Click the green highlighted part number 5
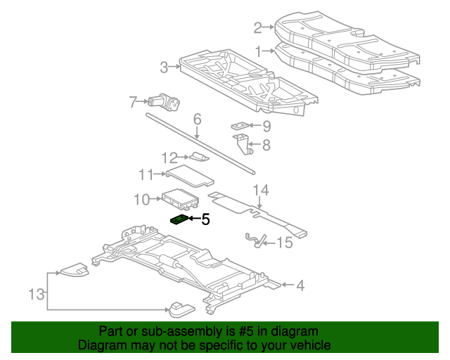click(179, 219)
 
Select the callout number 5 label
click(205, 219)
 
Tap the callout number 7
click(133, 103)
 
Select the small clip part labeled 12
click(198, 157)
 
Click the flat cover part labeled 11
click(188, 174)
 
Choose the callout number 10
click(141, 200)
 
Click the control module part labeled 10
click(180, 199)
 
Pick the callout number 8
click(266, 146)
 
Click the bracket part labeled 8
click(245, 144)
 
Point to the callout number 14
click(261, 190)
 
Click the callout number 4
click(300, 285)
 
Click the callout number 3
click(163, 67)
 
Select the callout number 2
click(257, 28)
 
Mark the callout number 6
click(197, 119)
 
